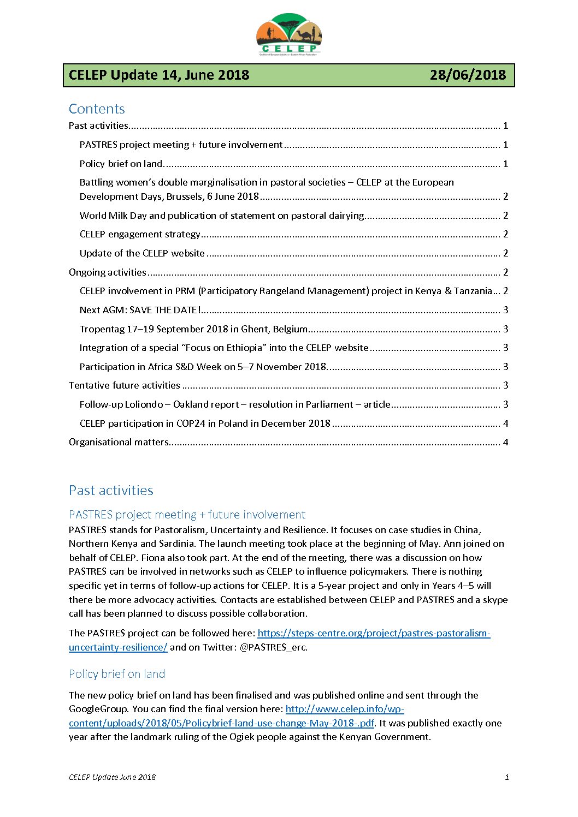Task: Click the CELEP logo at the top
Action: click(x=288, y=34)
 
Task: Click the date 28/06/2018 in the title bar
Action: click(x=468, y=75)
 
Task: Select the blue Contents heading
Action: click(x=97, y=109)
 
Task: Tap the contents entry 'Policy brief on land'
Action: click(x=121, y=164)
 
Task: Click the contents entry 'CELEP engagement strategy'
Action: click(x=140, y=234)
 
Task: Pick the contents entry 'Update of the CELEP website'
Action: click(x=142, y=253)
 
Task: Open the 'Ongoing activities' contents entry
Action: click(x=108, y=272)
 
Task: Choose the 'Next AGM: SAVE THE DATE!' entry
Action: click(x=140, y=310)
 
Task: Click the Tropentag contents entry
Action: click(x=193, y=329)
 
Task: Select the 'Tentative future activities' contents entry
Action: click(x=125, y=385)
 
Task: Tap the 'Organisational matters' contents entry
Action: click(x=119, y=442)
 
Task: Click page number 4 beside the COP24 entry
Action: click(x=505, y=424)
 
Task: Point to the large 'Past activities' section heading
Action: click(x=111, y=490)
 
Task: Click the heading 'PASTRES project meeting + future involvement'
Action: click(x=187, y=515)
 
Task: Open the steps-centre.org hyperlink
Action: click(x=374, y=633)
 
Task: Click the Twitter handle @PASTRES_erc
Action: click(x=273, y=647)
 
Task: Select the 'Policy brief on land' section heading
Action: click(x=117, y=674)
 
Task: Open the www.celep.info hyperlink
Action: click(x=344, y=709)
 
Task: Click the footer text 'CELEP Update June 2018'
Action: click(x=112, y=777)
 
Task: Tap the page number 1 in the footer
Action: click(x=506, y=777)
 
